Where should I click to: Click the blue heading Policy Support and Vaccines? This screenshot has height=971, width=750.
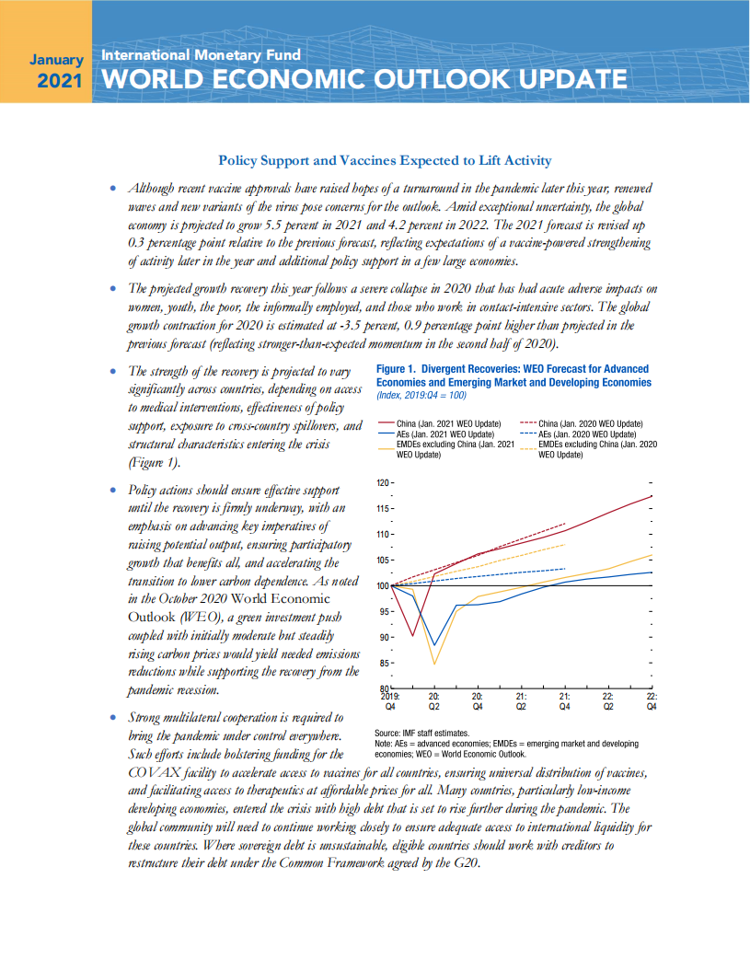coord(384,160)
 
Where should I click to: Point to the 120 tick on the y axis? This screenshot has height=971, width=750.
coord(382,483)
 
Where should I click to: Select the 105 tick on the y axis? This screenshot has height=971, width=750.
coord(382,561)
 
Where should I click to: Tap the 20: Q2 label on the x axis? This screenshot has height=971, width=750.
coord(434,702)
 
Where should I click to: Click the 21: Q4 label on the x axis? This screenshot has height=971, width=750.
coord(565,702)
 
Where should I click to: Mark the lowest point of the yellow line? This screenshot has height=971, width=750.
coord(434,664)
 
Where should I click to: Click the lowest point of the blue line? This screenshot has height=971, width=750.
coord(434,646)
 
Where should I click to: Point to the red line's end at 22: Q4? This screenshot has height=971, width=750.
coord(652,496)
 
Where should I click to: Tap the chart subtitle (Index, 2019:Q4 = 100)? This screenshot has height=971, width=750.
coord(421,394)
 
